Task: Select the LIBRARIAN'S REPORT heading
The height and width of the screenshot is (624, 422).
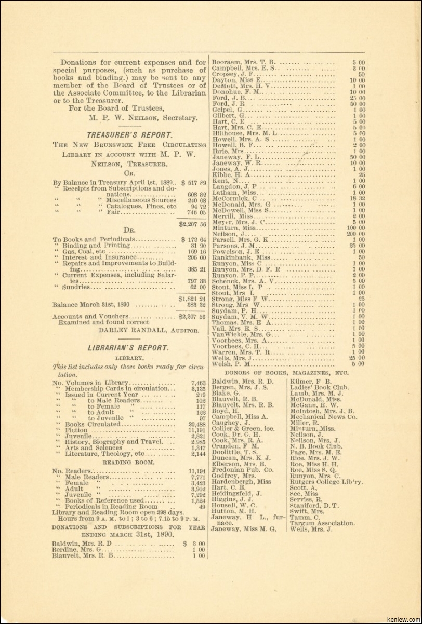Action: click(127, 348)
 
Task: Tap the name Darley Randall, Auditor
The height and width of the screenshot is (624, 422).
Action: click(149, 330)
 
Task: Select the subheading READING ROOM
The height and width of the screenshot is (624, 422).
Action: click(128, 462)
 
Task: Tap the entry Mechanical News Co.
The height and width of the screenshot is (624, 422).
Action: click(323, 417)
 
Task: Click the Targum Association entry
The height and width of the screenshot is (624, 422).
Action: click(322, 523)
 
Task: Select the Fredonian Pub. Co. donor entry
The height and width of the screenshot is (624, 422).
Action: click(243, 470)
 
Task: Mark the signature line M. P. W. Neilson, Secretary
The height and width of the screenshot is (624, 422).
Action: click(143, 118)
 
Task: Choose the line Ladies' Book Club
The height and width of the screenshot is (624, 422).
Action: click(319, 387)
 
